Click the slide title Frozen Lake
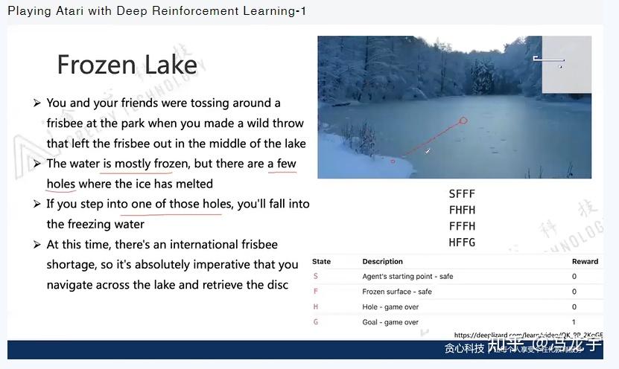[x=127, y=65]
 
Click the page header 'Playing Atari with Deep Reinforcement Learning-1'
[x=156, y=11]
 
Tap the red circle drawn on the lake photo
[x=463, y=121]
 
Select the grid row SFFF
[x=462, y=194]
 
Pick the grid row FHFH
[x=462, y=210]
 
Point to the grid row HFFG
[x=462, y=242]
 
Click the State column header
[x=321, y=262]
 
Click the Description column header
[x=382, y=262]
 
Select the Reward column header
[x=585, y=262]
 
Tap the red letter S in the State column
[x=316, y=277]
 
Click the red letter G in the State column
[x=316, y=322]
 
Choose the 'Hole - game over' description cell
[x=390, y=307]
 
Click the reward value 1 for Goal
[x=574, y=322]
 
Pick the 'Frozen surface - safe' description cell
[x=396, y=292]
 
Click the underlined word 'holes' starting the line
[x=61, y=184]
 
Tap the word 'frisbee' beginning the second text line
[x=66, y=123]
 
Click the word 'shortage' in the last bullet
[x=72, y=264]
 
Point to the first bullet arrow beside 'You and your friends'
[x=36, y=103]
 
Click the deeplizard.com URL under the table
[x=527, y=336]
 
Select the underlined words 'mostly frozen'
[x=151, y=164]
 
